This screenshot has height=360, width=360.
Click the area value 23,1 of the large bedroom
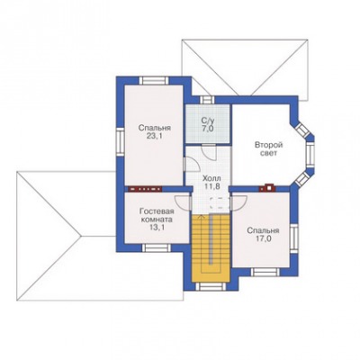(x=155, y=137)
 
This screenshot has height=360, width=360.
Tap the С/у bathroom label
(x=208, y=121)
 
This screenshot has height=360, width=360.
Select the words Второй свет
(x=268, y=149)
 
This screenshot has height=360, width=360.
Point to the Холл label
(x=211, y=178)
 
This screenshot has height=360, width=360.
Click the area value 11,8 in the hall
(x=211, y=186)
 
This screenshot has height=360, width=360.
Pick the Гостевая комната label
(x=156, y=215)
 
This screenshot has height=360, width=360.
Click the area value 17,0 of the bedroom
(x=263, y=239)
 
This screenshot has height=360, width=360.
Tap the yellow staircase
(x=211, y=248)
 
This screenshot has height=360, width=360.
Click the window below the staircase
(x=211, y=286)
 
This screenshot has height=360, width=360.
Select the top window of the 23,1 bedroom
(x=154, y=81)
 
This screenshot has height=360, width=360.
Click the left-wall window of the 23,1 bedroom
(x=120, y=141)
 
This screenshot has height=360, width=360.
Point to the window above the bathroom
(x=206, y=100)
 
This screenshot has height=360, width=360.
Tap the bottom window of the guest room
(x=156, y=247)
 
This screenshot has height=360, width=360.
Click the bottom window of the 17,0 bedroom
(x=265, y=272)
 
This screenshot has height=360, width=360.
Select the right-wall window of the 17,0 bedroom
(x=294, y=238)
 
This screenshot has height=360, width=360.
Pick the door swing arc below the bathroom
(x=209, y=153)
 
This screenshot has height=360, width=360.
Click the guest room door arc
(x=183, y=202)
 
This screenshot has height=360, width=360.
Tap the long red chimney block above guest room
(x=145, y=189)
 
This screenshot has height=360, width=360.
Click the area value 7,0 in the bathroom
(x=208, y=129)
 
